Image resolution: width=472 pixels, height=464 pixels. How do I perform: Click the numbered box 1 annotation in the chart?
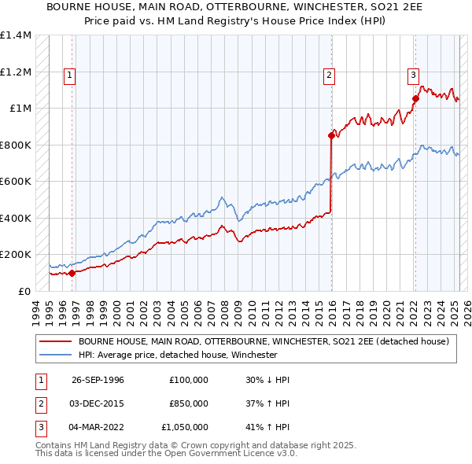[x=70, y=75]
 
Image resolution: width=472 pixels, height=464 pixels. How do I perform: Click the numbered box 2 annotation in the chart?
[x=329, y=75]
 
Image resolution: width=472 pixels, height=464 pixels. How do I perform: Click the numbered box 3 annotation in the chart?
[x=413, y=75]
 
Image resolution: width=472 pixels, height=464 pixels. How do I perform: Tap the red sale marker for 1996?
[x=72, y=274]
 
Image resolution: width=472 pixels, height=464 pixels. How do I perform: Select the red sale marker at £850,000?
[x=331, y=135]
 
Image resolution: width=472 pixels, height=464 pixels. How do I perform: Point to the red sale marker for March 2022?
[x=415, y=98]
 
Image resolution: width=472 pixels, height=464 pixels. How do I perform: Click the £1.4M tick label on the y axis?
[x=16, y=35]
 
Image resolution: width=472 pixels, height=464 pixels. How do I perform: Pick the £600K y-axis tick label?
[x=16, y=182]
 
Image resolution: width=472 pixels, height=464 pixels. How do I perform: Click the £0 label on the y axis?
[x=24, y=291]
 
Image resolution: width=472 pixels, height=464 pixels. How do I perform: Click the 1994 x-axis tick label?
[x=36, y=310]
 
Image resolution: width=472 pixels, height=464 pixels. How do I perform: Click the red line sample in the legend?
[x=56, y=342]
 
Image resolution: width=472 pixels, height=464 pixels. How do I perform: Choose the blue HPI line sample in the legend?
[x=56, y=355]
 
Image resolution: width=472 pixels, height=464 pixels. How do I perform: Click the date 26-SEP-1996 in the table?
[x=98, y=380]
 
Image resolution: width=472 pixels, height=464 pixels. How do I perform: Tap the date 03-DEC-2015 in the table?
[x=98, y=403]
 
